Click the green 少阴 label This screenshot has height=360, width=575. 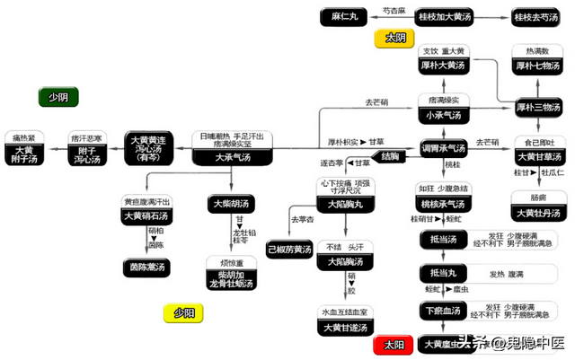coord(57,97)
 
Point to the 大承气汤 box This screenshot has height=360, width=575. coord(232,157)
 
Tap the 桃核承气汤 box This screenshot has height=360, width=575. coord(444,203)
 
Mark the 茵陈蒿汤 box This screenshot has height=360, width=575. coord(148,266)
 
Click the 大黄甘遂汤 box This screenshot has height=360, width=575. coord(342,328)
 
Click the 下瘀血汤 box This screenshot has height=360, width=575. coord(442,311)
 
